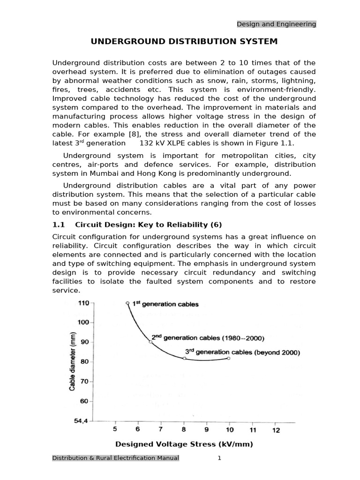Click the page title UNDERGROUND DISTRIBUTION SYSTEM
tap(184, 42)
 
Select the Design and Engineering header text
tap(276, 24)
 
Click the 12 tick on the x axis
tap(276, 429)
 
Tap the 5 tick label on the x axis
tap(115, 429)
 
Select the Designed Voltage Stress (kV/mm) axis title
tap(184, 444)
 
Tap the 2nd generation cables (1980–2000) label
tap(208, 337)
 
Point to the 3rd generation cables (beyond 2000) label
tap(242, 352)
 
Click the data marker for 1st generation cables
tap(127, 303)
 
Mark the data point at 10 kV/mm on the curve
tap(229, 358)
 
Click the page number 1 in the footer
tap(219, 458)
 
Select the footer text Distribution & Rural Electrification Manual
tap(115, 458)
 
